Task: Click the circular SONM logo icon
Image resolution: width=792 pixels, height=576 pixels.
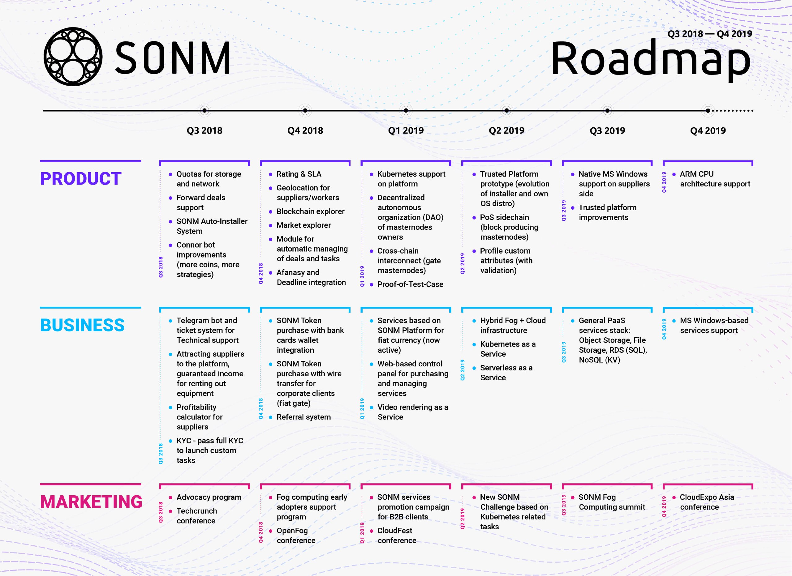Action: coord(73,57)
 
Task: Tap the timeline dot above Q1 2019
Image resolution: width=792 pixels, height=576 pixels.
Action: coord(406,111)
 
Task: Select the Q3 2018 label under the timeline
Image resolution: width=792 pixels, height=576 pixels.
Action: coord(204,131)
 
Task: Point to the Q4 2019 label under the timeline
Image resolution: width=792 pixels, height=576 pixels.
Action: coord(708,131)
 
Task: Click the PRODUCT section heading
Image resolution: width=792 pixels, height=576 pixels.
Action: coord(81,179)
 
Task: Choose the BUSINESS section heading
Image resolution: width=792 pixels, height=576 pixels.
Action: coord(82,325)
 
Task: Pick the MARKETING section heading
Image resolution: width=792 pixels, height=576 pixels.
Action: coord(91,502)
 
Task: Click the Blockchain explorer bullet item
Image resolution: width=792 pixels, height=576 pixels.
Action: coord(310,211)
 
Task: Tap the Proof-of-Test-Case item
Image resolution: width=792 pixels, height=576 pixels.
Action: coord(410,284)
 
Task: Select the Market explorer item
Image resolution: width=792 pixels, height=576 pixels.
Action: coord(304,225)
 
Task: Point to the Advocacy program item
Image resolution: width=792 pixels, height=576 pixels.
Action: coord(209,497)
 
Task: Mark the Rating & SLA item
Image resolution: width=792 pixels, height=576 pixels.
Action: coord(299,174)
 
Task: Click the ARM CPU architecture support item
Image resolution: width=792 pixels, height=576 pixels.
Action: coord(715,179)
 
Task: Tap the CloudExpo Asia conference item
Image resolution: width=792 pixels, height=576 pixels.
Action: coord(707,502)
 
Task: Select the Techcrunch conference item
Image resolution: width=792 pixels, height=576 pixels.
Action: coord(196,516)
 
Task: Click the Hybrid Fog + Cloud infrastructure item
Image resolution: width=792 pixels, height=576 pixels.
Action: coord(513,325)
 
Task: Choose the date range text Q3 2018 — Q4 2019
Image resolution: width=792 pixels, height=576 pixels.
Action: coord(710,34)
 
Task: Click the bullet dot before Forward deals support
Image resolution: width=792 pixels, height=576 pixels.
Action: coord(170,198)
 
